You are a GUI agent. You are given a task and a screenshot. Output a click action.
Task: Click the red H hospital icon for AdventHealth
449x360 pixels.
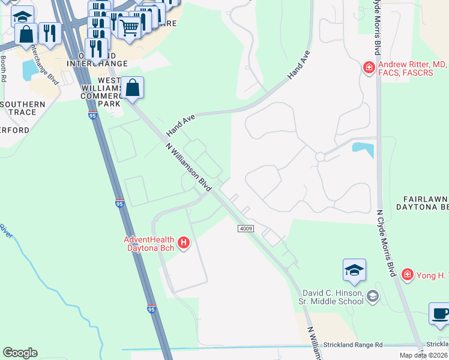pyautogui.click(x=184, y=243)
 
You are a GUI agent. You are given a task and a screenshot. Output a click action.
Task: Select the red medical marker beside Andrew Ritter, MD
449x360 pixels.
pyautogui.click(x=369, y=67)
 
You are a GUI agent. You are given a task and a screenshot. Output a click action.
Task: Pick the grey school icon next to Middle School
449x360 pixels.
pyautogui.click(x=373, y=295)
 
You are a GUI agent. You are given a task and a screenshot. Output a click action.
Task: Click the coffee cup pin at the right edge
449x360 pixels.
pyautogui.click(x=440, y=314)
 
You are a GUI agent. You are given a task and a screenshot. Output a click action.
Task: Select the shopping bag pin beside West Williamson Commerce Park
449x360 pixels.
pyautogui.click(x=133, y=88)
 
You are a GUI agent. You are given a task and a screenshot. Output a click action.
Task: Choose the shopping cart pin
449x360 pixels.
pyautogui.click(x=129, y=27)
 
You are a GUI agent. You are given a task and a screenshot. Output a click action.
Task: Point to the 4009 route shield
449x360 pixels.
pyautogui.click(x=246, y=229)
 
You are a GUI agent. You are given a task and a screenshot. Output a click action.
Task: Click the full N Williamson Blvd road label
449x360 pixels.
pyautogui.click(x=189, y=167)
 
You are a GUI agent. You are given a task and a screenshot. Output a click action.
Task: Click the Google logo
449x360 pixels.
pyautogui.click(x=20, y=353)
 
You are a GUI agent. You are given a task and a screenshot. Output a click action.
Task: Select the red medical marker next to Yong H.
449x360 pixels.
pyautogui.click(x=408, y=274)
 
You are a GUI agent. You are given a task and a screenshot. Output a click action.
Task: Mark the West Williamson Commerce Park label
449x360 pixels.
pyautogui.click(x=100, y=92)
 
